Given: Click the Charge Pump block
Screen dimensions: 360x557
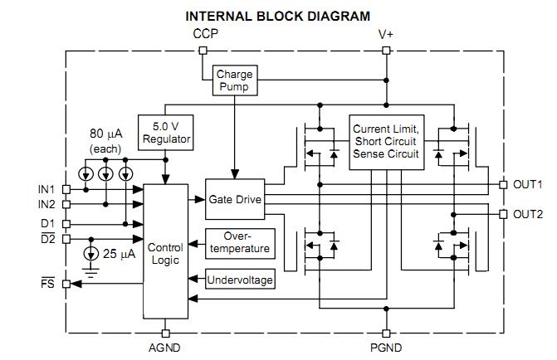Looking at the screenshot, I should click(234, 80).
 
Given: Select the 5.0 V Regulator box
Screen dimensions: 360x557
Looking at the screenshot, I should click(166, 132).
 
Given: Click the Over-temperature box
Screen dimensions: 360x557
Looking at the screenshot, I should click(238, 242).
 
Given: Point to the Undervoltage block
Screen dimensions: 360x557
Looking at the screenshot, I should click(240, 280).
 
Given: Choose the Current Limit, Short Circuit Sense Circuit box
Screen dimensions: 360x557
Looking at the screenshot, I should click(387, 141).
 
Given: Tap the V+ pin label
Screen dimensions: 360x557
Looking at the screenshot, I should click(386, 34).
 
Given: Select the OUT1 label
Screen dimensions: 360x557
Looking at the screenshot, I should click(528, 184).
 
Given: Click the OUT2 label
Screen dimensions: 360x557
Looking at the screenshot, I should click(528, 214).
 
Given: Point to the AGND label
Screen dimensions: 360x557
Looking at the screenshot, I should click(166, 348).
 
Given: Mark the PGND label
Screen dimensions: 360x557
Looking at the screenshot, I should click(386, 348).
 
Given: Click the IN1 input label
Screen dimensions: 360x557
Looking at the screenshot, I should click(46, 189).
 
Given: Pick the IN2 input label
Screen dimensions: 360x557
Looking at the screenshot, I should click(46, 204).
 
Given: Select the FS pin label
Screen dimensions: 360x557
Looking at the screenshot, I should click(49, 284).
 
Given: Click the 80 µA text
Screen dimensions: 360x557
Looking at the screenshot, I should click(107, 133).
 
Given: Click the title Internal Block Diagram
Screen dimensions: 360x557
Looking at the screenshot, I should click(277, 15).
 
